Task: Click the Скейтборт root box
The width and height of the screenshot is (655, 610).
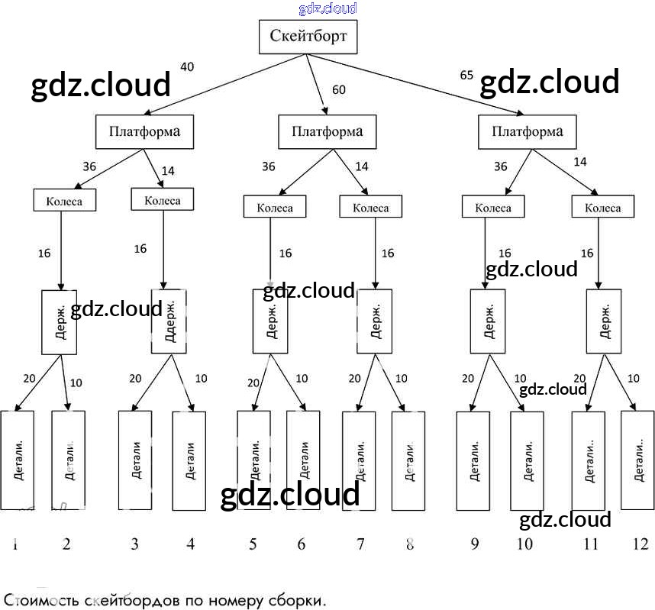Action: click(308, 37)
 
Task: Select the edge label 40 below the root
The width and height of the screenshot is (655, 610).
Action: click(187, 67)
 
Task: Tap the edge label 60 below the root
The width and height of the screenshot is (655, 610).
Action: click(339, 90)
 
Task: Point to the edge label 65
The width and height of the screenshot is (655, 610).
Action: click(466, 75)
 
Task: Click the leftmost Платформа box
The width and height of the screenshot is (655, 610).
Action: click(144, 131)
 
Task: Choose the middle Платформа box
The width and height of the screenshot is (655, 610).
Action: click(327, 132)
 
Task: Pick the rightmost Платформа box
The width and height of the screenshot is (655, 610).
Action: click(527, 132)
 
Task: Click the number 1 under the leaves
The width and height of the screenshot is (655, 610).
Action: click(15, 544)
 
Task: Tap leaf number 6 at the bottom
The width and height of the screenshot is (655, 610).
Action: click(302, 544)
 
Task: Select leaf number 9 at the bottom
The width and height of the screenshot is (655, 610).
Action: click(475, 544)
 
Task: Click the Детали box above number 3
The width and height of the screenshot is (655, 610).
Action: click(136, 460)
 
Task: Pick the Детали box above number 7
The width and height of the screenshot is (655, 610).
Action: click(359, 460)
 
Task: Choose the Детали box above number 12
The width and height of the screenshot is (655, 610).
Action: click(637, 460)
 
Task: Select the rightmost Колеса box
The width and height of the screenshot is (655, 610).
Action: click(603, 207)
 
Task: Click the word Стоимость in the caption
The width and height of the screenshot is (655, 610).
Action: click(38, 600)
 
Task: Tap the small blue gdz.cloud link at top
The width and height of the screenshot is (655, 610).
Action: click(327, 8)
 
